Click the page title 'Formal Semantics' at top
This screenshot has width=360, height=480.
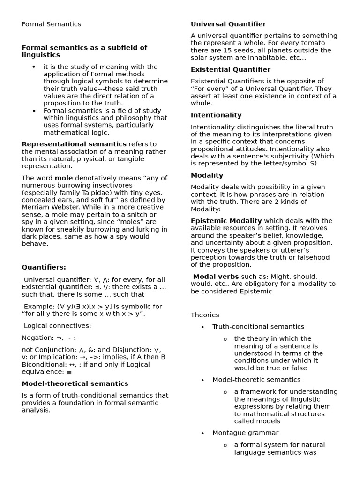pos(51,24)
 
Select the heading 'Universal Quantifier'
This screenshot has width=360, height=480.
pos(228,24)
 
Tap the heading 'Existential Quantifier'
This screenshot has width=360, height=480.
pos(230,70)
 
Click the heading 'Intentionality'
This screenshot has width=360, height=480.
pos(216,115)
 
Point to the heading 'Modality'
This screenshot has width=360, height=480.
pos(207,176)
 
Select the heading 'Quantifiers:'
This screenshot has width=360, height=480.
pos(44,268)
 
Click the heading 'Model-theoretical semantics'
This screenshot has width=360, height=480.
pos(75,384)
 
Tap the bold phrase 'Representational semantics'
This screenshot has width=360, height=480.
pos(74,144)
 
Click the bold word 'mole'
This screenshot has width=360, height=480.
pos(64,178)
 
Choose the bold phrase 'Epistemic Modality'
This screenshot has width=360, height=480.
pos(226,221)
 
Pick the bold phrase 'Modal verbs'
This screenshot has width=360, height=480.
pos(216,277)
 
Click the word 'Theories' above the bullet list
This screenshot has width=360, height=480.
pos(205,315)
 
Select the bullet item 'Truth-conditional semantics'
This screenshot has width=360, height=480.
pos(258,327)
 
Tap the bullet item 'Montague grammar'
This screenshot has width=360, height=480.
pos(245,433)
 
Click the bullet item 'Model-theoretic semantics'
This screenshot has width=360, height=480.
pos(256,380)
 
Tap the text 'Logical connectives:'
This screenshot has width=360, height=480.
pos(57,326)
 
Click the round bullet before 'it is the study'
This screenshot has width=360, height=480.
pos(34,67)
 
